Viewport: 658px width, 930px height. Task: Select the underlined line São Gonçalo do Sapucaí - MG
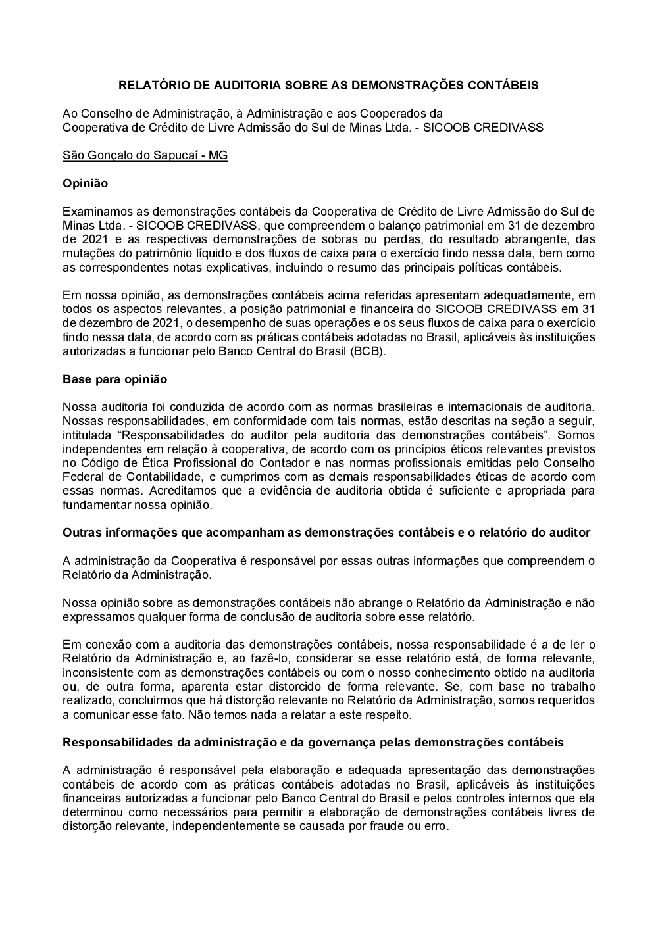point(145,156)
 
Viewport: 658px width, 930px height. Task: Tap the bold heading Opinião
point(85,184)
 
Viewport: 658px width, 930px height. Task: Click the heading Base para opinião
point(114,379)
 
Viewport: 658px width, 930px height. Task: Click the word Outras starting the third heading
point(82,533)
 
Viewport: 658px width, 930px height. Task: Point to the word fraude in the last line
point(391,826)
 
